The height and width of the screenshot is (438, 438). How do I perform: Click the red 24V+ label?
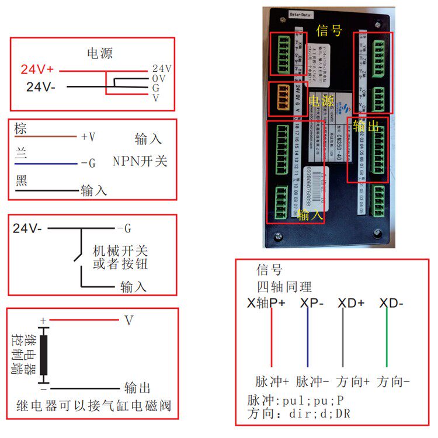point(37,69)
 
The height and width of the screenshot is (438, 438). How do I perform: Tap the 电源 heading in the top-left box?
point(100,54)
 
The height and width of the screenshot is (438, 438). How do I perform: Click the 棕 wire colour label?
point(21,129)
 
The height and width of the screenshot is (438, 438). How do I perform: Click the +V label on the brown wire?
point(88,137)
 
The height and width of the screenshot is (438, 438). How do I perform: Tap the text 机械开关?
point(120,251)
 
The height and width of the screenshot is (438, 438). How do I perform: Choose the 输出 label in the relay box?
point(137,388)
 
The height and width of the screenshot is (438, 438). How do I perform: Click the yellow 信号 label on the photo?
point(329,30)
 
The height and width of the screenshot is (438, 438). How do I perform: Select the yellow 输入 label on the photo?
point(310,215)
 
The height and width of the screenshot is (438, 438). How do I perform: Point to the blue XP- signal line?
point(308,339)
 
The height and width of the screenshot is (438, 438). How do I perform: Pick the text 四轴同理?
point(284,287)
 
